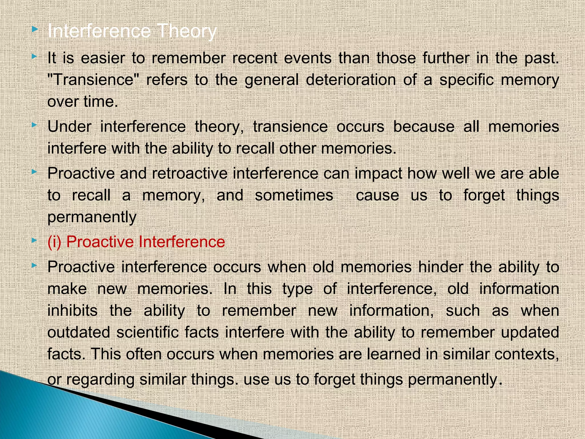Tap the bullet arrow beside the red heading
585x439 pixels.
pos(35,241)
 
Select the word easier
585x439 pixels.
pos(103,58)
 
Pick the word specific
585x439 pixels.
pos(466,80)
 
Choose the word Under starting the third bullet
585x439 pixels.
pos(69,127)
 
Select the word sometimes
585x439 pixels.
pos(294,195)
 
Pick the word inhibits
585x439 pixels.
pos(72,311)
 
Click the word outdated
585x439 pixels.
pos(79,332)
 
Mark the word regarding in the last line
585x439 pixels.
pos(100,380)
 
